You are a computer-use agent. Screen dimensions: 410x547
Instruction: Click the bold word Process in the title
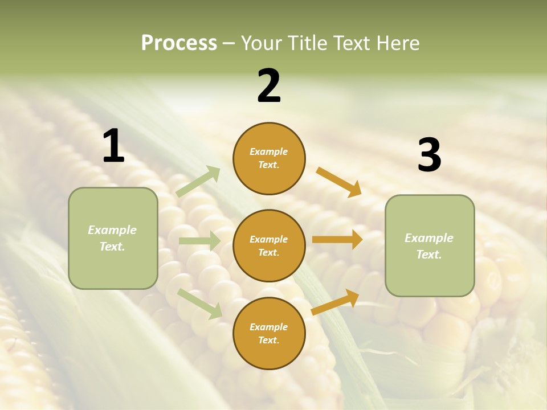click(x=179, y=43)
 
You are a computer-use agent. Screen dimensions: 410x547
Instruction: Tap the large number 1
click(x=113, y=146)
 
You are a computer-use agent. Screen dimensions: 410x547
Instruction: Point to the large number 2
click(x=269, y=86)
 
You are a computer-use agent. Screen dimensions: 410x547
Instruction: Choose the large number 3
click(x=429, y=155)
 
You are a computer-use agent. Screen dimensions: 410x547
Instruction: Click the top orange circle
click(x=269, y=158)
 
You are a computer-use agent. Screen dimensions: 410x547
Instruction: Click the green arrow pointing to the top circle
click(x=198, y=181)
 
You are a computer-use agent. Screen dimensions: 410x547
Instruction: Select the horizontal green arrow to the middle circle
click(x=199, y=241)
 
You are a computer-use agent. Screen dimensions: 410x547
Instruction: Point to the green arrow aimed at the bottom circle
click(x=199, y=304)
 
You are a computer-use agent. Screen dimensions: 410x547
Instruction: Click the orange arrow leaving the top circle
click(x=338, y=182)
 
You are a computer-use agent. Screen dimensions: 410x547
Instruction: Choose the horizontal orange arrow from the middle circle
click(x=337, y=240)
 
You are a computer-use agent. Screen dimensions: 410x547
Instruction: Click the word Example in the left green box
click(x=112, y=230)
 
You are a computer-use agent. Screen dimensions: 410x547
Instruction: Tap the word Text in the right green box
click(x=428, y=255)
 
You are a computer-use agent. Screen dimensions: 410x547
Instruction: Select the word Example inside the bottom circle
click(x=269, y=327)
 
